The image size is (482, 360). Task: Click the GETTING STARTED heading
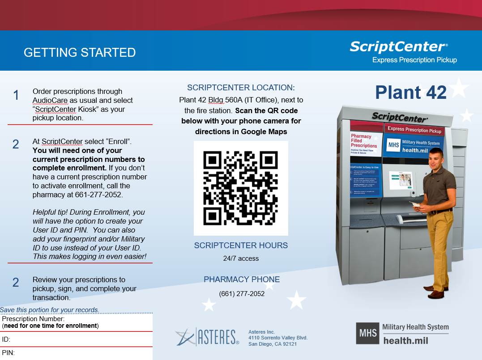point(80,52)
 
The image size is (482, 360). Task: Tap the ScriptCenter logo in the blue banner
point(398,47)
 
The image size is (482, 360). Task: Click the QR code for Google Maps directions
point(241,188)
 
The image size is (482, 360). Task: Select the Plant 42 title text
point(410,92)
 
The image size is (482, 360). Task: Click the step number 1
point(16,95)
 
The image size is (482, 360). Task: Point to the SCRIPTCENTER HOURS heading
point(241,246)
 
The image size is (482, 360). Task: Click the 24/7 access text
point(241,258)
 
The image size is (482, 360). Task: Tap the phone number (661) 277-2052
point(242,294)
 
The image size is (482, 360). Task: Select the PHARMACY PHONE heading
point(242,280)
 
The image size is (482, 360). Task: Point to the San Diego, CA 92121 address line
point(273,344)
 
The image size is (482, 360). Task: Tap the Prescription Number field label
point(34,319)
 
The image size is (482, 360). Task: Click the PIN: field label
point(9,353)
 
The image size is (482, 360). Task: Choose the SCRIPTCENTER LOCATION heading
point(241,88)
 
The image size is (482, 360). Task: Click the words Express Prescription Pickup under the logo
point(414,60)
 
